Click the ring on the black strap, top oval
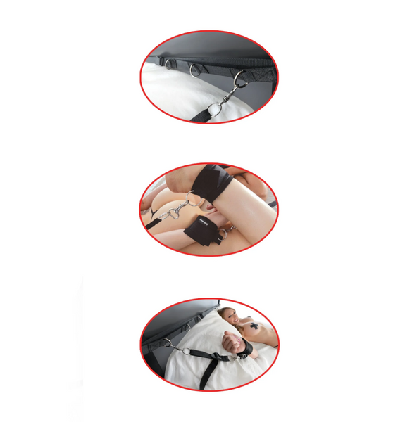point(213,109)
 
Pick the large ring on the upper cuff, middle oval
point(191,199)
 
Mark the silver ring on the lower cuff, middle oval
point(224,235)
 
